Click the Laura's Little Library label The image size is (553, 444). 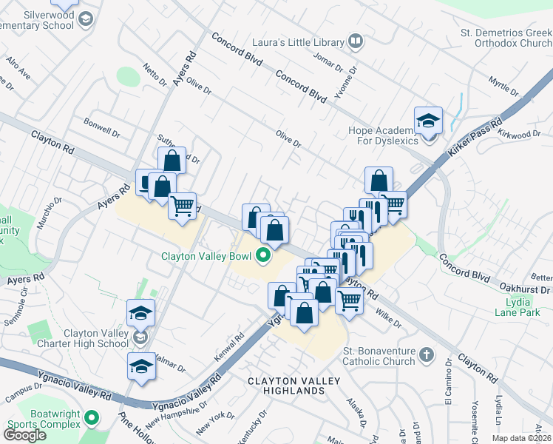click(296, 42)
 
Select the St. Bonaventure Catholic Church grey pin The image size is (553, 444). click(426, 355)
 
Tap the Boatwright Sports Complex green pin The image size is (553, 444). click(92, 419)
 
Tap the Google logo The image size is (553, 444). click(24, 435)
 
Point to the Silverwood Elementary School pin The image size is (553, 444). click(85, 18)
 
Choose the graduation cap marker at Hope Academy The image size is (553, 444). click(428, 120)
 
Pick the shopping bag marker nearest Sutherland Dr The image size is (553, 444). click(172, 161)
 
